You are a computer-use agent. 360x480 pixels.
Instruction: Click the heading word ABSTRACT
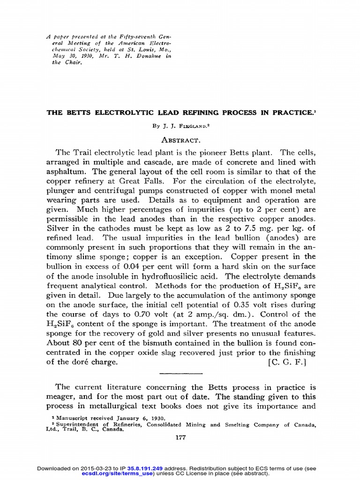[x=181, y=140]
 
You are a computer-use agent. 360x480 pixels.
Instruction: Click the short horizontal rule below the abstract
[x=180, y=373]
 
